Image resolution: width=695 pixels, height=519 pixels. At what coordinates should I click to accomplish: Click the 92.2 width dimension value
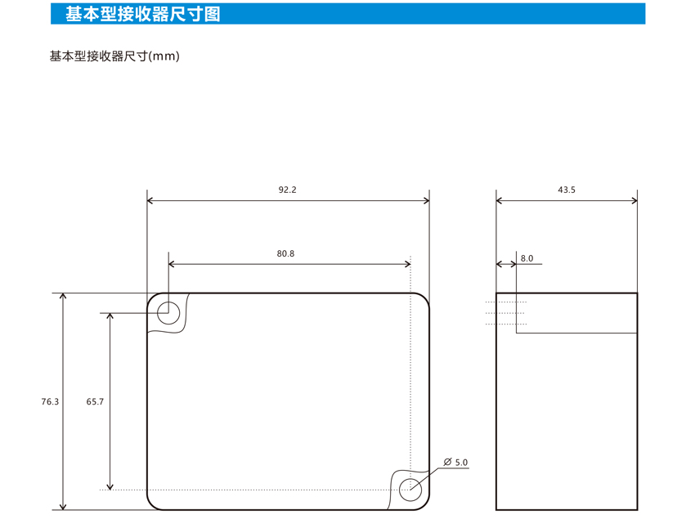[x=287, y=190]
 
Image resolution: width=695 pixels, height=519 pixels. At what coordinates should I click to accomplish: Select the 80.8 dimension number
[x=285, y=253]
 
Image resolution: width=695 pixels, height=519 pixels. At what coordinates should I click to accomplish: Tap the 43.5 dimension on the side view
[x=567, y=190]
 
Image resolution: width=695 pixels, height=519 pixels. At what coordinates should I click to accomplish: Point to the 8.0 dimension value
[x=527, y=258]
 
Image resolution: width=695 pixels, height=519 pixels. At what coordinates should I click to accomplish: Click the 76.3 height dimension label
[x=50, y=401]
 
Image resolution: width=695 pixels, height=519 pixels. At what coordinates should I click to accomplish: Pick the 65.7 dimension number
[x=95, y=401]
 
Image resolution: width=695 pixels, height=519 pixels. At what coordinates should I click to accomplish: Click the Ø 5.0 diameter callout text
[x=455, y=463]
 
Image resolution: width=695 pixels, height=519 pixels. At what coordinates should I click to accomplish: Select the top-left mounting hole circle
[x=168, y=302]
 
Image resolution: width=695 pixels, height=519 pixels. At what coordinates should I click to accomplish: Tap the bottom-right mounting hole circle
[x=410, y=479]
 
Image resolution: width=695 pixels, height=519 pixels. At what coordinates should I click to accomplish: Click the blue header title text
[x=143, y=14]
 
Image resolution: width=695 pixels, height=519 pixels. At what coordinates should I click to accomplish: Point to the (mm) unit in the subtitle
[x=164, y=56]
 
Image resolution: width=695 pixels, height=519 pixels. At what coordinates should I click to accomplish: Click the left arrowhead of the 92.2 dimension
[x=150, y=201]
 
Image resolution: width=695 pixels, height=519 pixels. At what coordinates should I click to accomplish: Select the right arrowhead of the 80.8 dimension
[x=408, y=264]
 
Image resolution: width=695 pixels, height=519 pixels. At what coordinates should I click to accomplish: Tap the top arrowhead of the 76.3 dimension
[x=64, y=296]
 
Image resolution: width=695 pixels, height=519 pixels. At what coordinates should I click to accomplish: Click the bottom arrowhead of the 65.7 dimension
[x=110, y=486]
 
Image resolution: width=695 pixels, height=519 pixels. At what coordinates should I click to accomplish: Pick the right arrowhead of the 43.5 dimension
[x=634, y=201]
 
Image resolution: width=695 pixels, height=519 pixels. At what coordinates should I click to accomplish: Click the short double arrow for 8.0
[x=506, y=264]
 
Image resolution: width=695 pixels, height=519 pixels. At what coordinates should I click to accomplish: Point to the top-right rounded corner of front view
[x=425, y=297]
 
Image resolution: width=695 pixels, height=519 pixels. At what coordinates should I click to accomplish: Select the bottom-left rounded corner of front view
[x=151, y=506]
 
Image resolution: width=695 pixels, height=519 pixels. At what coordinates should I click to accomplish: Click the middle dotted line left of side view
[x=505, y=313]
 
